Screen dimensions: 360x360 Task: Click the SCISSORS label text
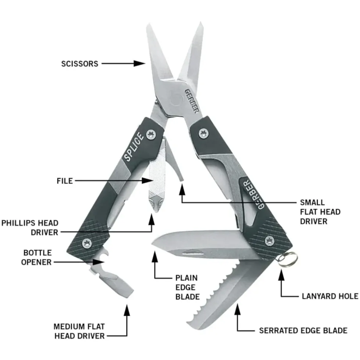coord(80,64)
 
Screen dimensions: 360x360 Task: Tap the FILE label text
coord(65,181)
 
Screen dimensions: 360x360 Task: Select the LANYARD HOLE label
coord(330,296)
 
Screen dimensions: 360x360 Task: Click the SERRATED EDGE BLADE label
coord(303,330)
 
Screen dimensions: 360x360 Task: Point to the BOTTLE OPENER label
coord(36,258)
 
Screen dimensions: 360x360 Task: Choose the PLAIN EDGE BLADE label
coord(187,287)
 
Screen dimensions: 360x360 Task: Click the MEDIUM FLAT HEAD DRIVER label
coord(79,331)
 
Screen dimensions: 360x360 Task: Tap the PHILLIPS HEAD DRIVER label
coord(30,227)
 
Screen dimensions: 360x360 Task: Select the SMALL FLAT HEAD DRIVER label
coord(320,212)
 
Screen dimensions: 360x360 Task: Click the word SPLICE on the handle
coord(134,147)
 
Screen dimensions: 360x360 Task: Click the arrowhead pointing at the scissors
coord(139,64)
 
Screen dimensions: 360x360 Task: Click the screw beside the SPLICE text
coord(151,134)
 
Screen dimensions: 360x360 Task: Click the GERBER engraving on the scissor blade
coord(192,101)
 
